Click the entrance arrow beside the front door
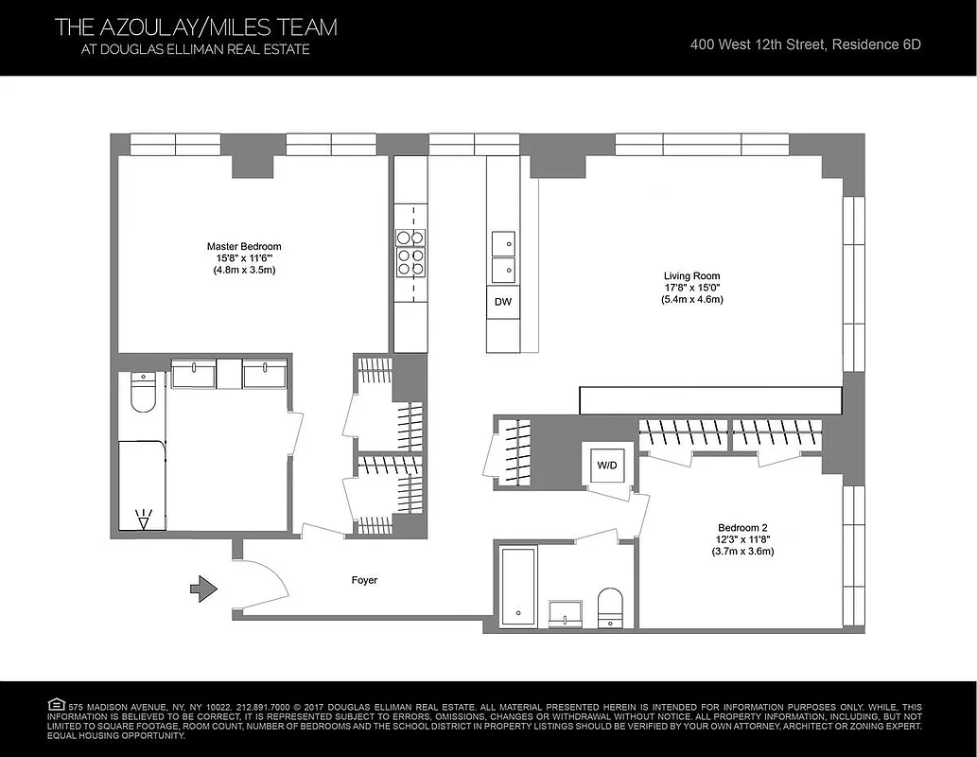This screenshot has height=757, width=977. [203, 590]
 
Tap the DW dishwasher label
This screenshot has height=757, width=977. [502, 302]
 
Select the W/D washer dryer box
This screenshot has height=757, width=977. [604, 465]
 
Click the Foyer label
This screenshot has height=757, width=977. [364, 580]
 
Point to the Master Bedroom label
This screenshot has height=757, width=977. [244, 247]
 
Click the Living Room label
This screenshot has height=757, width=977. [692, 275]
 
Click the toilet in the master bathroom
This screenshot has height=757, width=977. [142, 393]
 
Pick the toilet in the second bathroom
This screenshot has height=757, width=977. [611, 607]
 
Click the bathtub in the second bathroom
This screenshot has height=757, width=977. [517, 585]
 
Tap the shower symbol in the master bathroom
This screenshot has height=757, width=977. [144, 519]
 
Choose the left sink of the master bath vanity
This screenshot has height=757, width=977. [193, 374]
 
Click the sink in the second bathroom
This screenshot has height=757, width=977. [566, 613]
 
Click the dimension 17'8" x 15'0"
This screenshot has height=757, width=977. [692, 288]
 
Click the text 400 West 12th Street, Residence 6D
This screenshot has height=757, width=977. [805, 44]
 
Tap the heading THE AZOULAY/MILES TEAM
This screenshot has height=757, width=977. [196, 27]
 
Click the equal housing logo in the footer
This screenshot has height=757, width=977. [56, 705]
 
